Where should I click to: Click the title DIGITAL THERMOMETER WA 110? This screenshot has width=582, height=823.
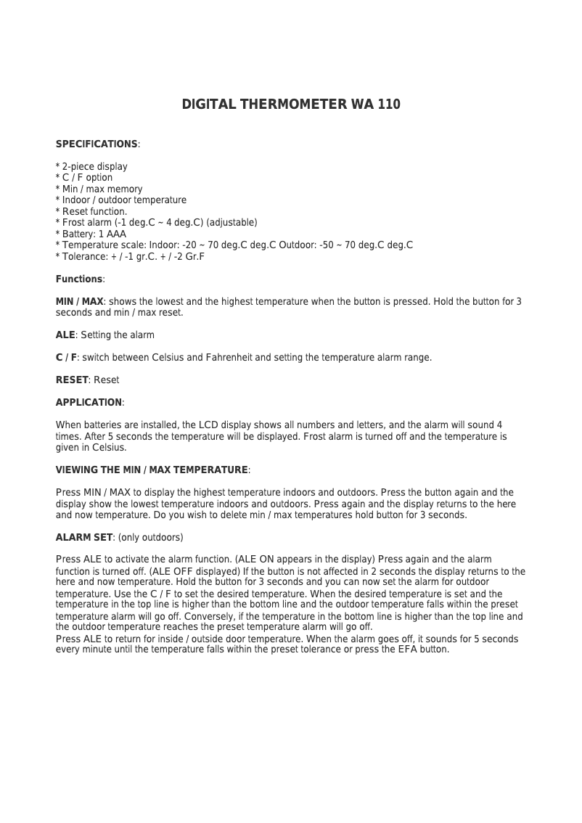[290, 105]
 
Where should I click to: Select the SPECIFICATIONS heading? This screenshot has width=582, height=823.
[97, 144]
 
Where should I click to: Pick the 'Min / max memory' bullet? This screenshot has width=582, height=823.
[99, 189]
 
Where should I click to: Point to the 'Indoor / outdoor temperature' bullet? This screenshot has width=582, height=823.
[121, 200]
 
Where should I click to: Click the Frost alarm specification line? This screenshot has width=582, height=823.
[157, 223]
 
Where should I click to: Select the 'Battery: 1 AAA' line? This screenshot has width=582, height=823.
[91, 234]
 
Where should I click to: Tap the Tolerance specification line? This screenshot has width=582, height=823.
[131, 257]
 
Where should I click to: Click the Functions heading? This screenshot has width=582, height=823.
[79, 279]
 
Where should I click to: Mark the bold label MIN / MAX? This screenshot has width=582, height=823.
[80, 301]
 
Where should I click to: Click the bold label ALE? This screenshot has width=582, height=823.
[65, 335]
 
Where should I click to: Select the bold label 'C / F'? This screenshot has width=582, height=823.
[66, 358]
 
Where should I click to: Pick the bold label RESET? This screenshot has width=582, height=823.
[72, 380]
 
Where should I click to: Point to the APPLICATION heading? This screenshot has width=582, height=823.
[89, 403]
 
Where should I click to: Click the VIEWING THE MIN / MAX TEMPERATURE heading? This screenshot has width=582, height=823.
[152, 470]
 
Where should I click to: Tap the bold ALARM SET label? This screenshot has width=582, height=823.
[84, 538]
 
